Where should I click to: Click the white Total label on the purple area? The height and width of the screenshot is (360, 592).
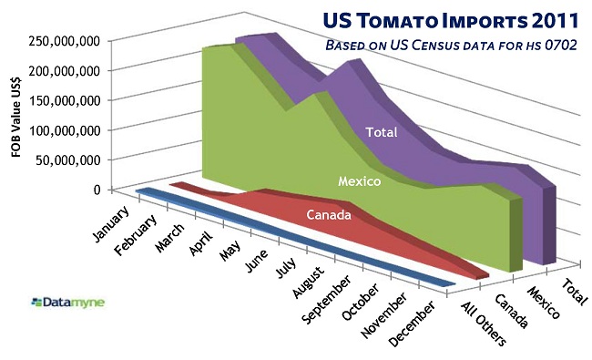[x=381, y=132]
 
